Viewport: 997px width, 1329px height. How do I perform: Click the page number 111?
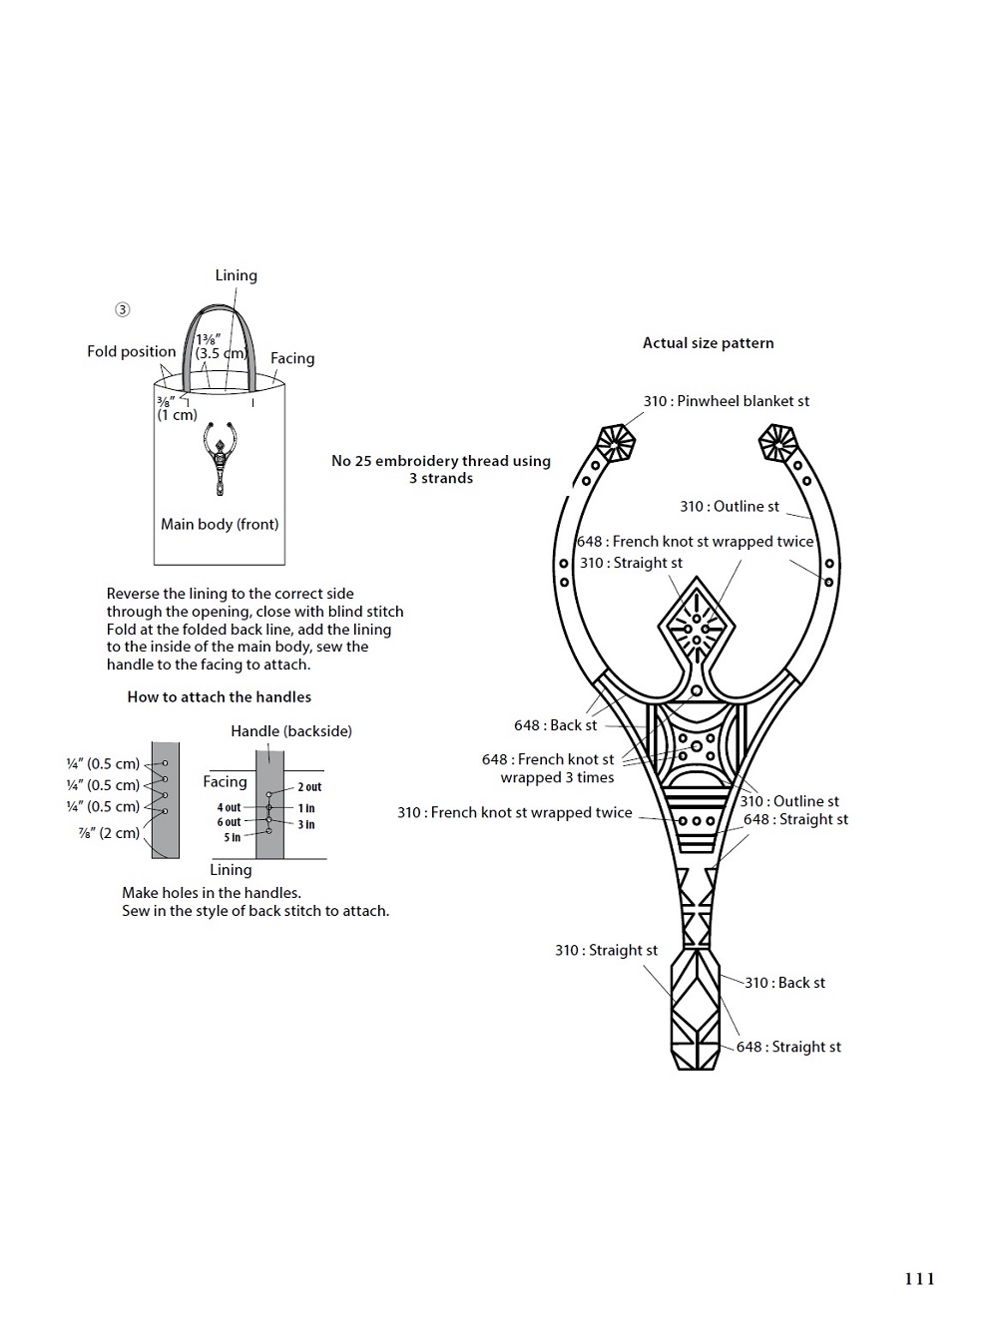919,1279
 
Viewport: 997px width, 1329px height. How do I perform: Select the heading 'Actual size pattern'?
709,343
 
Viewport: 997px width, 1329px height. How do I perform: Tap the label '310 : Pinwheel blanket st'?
726,401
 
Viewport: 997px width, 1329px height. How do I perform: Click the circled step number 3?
123,310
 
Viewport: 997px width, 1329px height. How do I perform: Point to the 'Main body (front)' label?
220,524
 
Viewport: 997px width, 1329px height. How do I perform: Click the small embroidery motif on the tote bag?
220,458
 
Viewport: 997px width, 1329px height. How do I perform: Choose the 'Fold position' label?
132,351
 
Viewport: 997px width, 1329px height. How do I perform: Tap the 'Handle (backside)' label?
291,730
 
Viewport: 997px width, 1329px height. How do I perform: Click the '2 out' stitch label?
309,787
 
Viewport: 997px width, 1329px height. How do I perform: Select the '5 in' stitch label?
233,837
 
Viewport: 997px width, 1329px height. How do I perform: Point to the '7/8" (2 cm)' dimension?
109,832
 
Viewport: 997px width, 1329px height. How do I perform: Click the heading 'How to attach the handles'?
220,696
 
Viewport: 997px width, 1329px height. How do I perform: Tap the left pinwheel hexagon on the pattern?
616,444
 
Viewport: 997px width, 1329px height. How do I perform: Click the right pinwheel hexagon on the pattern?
777,442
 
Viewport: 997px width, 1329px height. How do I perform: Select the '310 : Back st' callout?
784,982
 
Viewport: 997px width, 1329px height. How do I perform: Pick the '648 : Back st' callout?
555,724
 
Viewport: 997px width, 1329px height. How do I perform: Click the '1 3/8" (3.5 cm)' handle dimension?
221,346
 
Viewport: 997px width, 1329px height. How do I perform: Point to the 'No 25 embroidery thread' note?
441,469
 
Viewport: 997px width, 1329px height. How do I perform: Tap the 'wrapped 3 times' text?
557,777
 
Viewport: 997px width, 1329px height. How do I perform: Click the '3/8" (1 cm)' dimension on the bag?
177,408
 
